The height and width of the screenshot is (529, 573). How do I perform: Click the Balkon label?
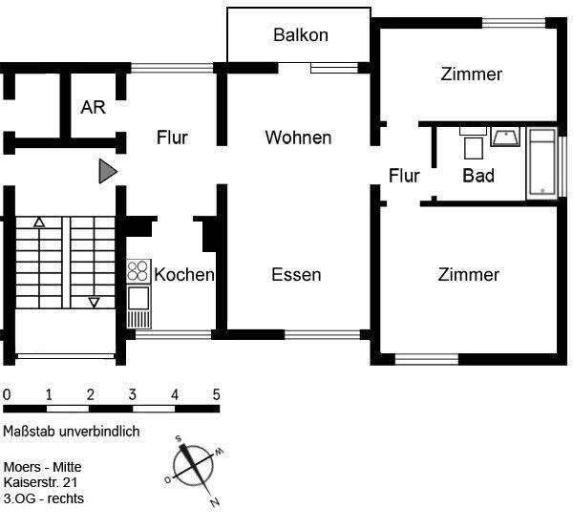(x=300, y=35)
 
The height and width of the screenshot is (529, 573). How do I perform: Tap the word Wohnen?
(x=298, y=138)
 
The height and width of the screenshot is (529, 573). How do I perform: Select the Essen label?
(x=296, y=275)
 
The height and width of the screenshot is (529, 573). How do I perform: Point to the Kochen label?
(x=184, y=275)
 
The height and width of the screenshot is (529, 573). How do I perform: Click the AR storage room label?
(x=93, y=107)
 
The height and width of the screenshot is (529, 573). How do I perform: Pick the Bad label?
(x=478, y=176)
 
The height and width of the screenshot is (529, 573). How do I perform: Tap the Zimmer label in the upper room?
(x=472, y=74)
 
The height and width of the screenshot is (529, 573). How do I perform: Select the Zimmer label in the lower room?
(x=468, y=275)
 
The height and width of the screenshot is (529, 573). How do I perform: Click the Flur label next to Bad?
(x=405, y=176)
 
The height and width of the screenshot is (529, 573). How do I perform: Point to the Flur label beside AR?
(x=172, y=138)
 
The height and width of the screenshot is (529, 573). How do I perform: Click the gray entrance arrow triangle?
(x=107, y=172)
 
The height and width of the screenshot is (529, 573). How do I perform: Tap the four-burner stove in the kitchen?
(x=138, y=271)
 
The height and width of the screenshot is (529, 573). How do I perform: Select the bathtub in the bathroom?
(x=541, y=163)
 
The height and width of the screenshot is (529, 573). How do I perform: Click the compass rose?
(x=198, y=468)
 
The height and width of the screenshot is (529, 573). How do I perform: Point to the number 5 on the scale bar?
(x=216, y=394)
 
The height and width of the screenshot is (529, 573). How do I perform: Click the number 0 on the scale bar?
(x=7, y=394)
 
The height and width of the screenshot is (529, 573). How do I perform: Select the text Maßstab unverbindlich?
(x=72, y=432)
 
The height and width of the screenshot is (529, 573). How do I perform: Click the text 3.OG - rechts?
(x=43, y=498)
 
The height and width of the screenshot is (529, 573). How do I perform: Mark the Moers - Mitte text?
(x=49, y=467)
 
